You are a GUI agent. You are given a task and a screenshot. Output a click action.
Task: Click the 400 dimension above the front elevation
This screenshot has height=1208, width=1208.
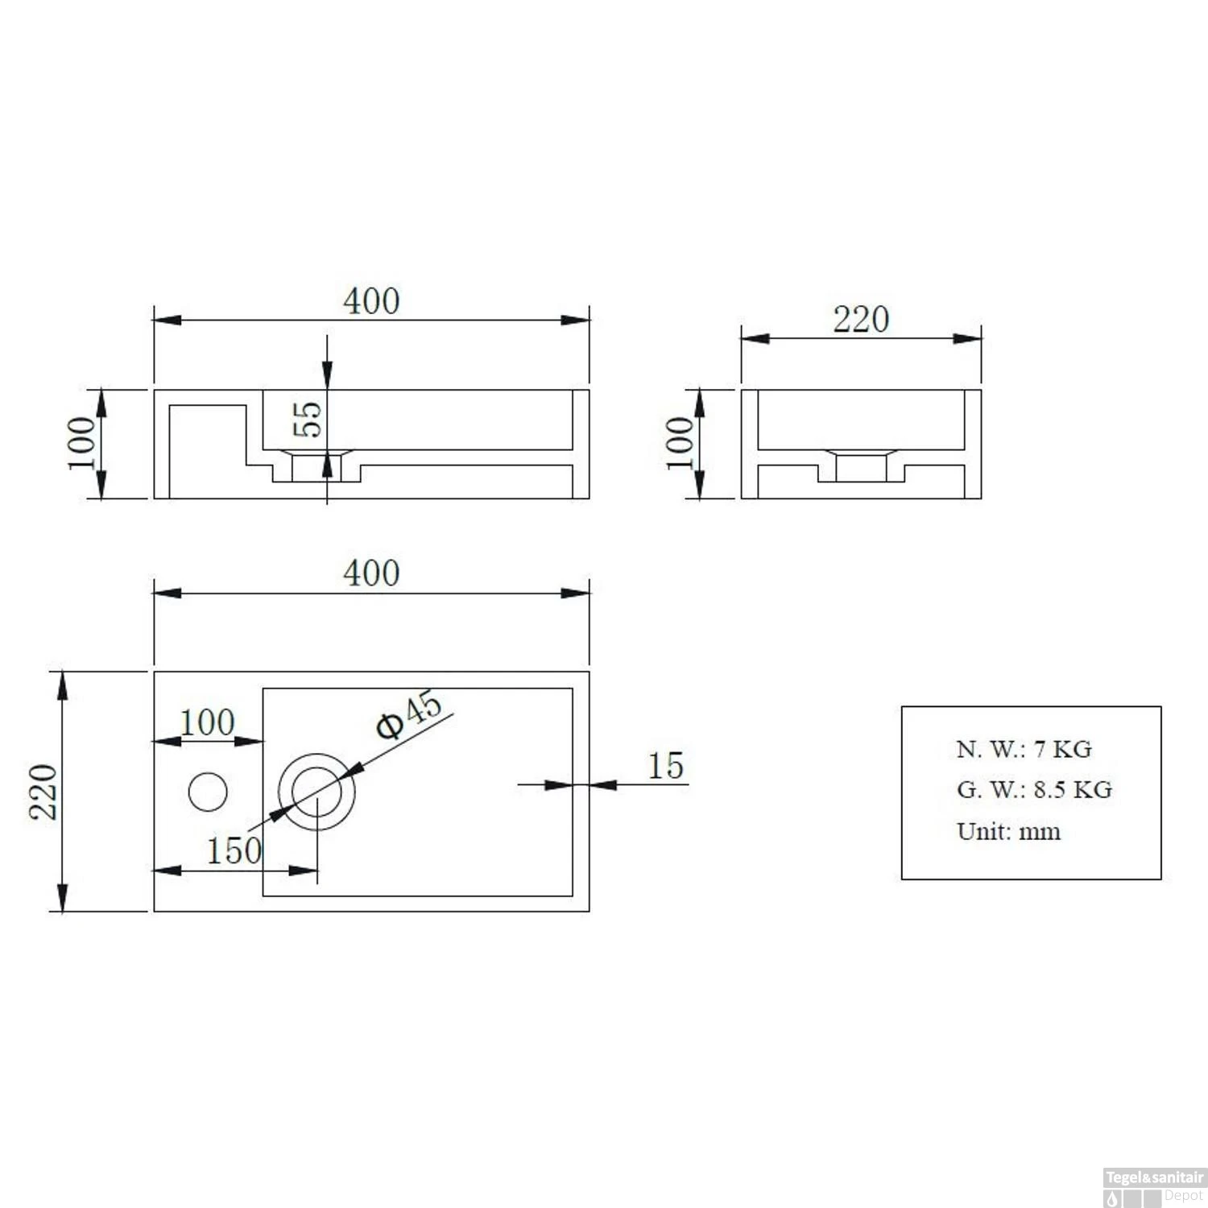(x=371, y=302)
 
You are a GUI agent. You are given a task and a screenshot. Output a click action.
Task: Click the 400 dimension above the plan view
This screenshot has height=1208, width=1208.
(x=371, y=574)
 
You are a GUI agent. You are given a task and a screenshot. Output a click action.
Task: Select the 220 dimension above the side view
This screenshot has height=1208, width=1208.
(x=861, y=320)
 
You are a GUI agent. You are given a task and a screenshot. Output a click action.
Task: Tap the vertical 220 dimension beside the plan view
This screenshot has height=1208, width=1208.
(x=43, y=792)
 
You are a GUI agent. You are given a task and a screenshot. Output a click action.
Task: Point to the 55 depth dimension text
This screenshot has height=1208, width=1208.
(x=308, y=419)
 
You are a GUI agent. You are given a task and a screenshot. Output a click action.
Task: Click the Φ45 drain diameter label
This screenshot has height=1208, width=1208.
(x=409, y=714)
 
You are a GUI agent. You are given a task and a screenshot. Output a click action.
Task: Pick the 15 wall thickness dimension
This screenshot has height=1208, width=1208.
(x=666, y=766)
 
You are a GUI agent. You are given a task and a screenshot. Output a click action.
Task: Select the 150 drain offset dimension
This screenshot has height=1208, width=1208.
(x=234, y=851)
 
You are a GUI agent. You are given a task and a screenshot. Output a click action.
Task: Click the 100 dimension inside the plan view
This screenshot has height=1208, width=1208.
(x=207, y=722)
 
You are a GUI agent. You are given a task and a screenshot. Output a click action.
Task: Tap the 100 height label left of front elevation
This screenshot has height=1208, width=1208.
(x=81, y=443)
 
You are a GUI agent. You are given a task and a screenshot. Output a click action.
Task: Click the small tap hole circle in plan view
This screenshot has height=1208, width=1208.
(x=208, y=792)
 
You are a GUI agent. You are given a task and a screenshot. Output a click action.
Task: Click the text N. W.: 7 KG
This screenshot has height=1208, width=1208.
(x=1024, y=749)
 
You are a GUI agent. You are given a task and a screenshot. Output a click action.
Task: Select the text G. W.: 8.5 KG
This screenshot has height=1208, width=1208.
(x=1034, y=790)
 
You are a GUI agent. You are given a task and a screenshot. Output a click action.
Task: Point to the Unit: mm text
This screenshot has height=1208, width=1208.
(x=1008, y=831)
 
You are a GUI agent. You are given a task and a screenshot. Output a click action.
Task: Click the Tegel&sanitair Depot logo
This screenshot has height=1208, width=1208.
(x=1153, y=1187)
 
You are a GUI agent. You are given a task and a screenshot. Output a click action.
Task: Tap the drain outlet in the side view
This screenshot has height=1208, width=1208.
(x=861, y=467)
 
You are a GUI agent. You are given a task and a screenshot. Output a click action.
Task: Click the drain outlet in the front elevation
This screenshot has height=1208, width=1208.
(x=316, y=467)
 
